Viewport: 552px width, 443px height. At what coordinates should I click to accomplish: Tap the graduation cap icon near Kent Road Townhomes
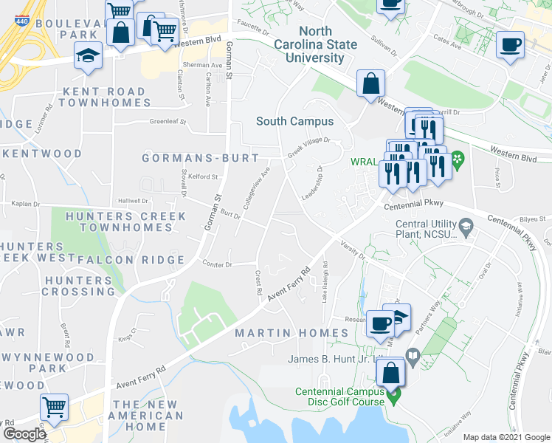(x=89, y=56)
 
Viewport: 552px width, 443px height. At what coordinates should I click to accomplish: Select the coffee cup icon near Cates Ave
(x=510, y=44)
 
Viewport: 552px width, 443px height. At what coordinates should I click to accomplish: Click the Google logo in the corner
(x=24, y=433)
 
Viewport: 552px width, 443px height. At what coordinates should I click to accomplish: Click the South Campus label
(x=294, y=121)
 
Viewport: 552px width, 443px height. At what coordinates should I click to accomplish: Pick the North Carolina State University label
(x=328, y=44)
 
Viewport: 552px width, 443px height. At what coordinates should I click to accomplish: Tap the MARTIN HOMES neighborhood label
(x=291, y=334)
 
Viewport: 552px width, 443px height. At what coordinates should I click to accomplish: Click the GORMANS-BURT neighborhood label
(x=201, y=158)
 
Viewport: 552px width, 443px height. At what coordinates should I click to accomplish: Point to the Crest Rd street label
(x=259, y=283)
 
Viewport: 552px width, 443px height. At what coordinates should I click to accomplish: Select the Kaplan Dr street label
(x=22, y=202)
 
